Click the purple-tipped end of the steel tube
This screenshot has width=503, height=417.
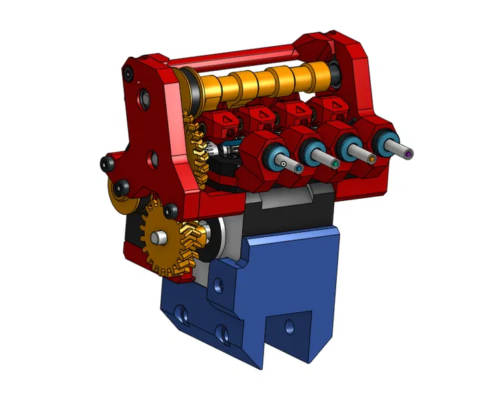tap(408, 154)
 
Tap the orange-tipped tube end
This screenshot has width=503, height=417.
tap(372, 159)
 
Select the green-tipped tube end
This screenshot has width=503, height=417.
tap(335, 162)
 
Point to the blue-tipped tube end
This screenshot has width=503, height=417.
tap(299, 168)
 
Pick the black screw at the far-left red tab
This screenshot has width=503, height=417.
tap(105, 163)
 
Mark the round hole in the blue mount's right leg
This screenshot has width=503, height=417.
tap(290, 327)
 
